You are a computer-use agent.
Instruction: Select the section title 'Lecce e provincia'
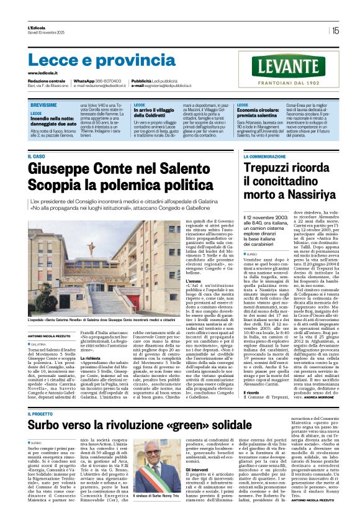pos(92,60)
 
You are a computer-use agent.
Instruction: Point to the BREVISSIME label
pos(44,106)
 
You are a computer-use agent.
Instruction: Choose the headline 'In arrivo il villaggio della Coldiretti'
pos(156,112)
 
